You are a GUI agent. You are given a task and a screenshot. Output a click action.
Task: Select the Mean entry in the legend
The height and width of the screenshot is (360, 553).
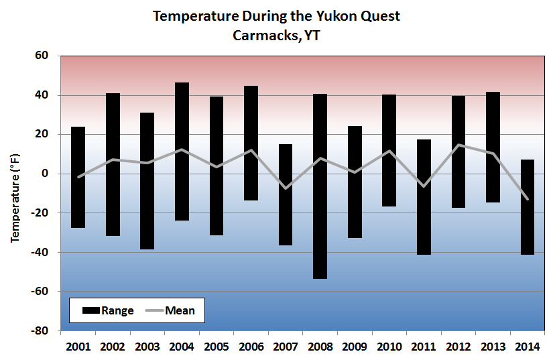(x=170, y=310)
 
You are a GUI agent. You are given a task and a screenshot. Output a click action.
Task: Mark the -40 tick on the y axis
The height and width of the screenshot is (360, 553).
(x=42, y=252)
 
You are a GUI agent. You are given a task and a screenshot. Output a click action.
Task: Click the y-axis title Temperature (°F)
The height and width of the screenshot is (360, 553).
(x=15, y=194)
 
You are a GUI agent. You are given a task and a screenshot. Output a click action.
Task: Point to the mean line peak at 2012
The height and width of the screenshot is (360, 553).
(x=458, y=145)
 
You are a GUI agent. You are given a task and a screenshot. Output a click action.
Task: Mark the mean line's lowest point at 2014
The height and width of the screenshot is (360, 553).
(x=527, y=199)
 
